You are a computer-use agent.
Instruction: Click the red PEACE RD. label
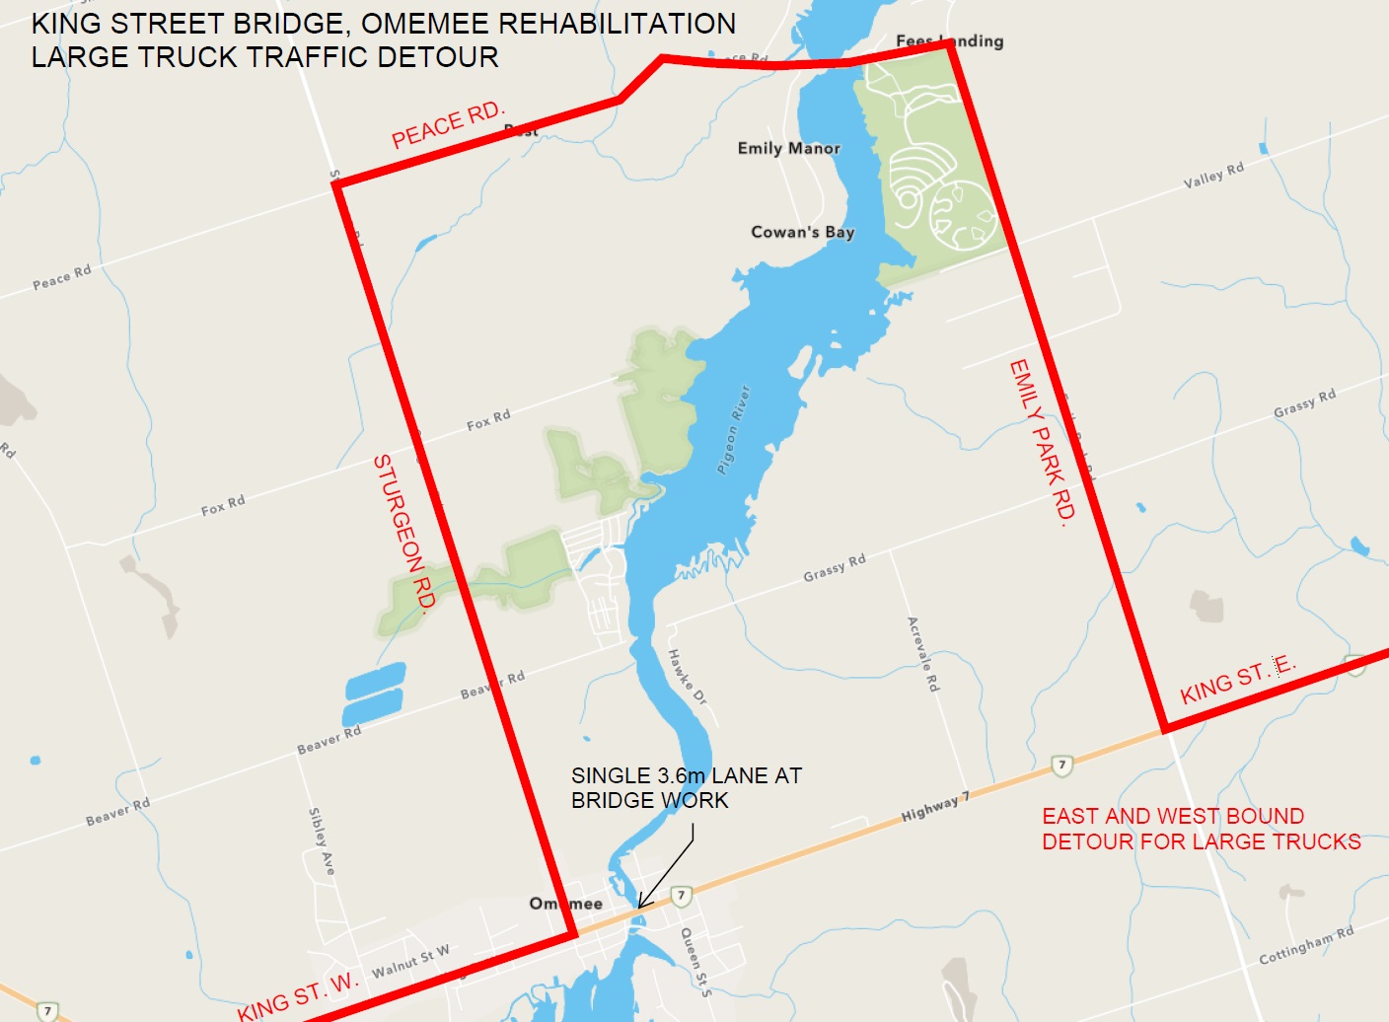(x=448, y=125)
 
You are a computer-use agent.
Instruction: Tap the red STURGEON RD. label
(x=404, y=535)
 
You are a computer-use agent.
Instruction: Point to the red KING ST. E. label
(x=1237, y=680)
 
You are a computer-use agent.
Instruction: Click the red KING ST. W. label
(x=297, y=995)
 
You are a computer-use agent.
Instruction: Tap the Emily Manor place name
(x=788, y=148)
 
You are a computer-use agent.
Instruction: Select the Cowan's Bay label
(x=802, y=232)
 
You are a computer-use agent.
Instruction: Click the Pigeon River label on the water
(x=733, y=429)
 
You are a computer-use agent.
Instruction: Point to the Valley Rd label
(x=1213, y=176)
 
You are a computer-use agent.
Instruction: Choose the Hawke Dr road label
(x=688, y=676)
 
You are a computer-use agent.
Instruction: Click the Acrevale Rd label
(x=923, y=654)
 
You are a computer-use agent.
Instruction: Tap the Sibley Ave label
(x=322, y=840)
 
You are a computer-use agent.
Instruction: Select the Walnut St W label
(x=410, y=961)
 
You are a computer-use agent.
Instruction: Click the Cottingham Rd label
(x=1305, y=945)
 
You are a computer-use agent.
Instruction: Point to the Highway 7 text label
(x=935, y=808)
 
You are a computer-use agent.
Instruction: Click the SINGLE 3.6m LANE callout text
(x=687, y=776)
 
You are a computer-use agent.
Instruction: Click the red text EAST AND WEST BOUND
(x=1173, y=816)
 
